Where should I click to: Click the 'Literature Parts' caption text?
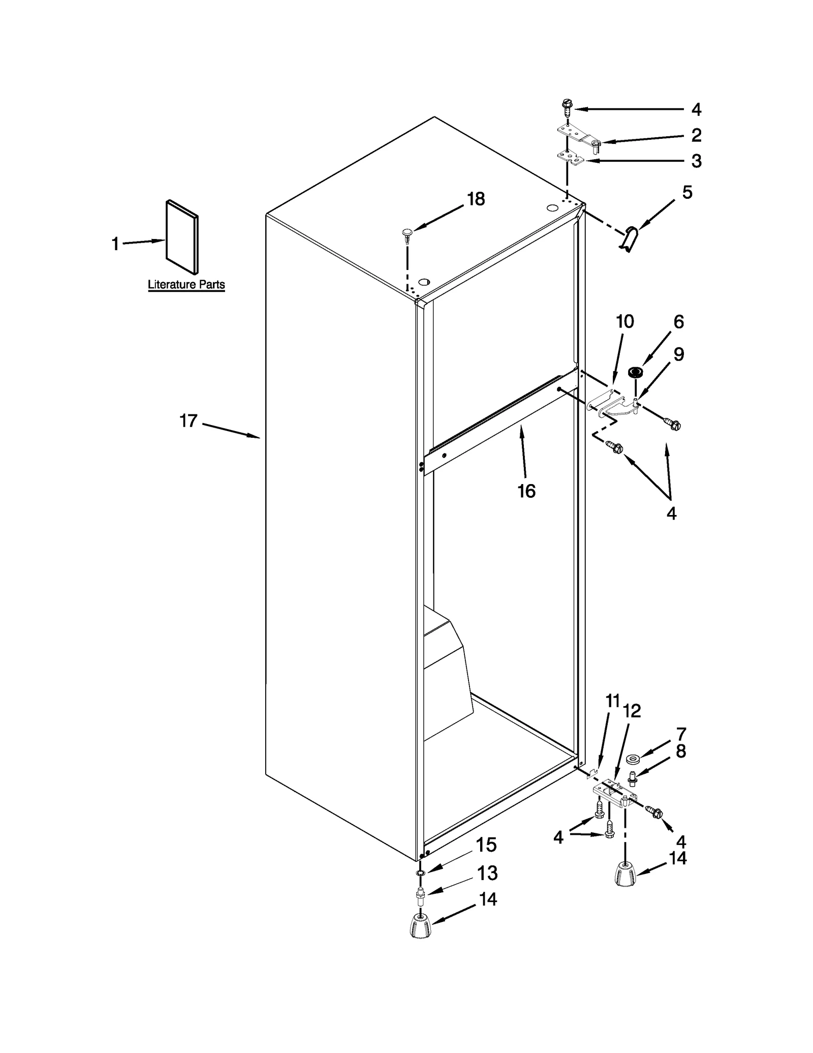click(x=186, y=284)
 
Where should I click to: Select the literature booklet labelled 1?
click(x=182, y=236)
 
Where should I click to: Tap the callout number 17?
click(x=188, y=421)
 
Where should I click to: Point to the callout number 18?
click(x=476, y=199)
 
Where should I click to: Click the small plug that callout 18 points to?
click(x=407, y=235)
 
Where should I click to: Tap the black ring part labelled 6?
click(x=634, y=372)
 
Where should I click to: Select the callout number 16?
click(x=526, y=491)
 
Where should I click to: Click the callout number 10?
click(x=624, y=321)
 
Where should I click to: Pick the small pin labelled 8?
click(x=633, y=777)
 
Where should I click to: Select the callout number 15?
click(x=486, y=845)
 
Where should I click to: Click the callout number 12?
click(x=632, y=711)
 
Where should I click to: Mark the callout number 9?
click(x=678, y=354)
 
